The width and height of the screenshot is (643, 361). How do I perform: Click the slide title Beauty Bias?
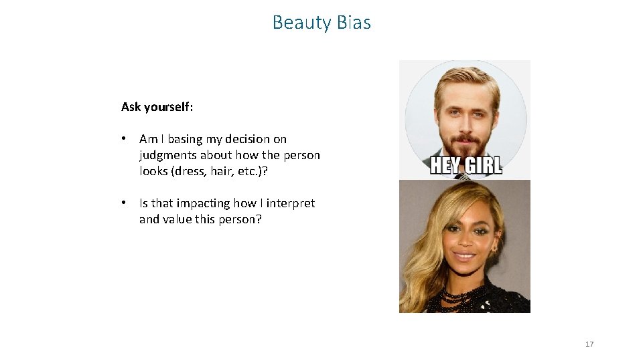(x=321, y=23)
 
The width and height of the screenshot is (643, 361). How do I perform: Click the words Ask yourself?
(x=157, y=107)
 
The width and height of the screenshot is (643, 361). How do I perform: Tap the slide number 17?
(x=589, y=344)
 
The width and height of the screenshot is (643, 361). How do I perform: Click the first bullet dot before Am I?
(x=125, y=139)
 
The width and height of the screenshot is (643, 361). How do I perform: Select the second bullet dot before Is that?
(x=125, y=203)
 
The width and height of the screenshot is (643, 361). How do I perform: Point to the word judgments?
(x=168, y=155)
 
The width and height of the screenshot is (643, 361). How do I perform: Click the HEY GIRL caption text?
(x=466, y=165)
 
